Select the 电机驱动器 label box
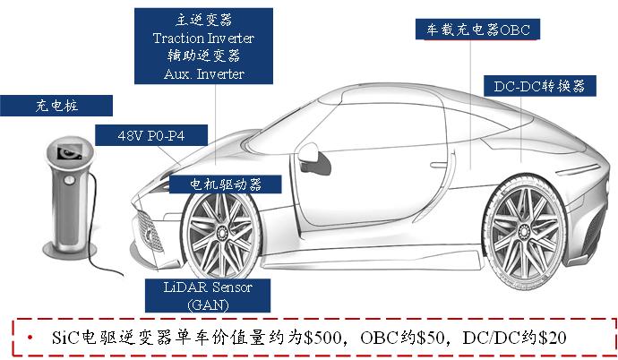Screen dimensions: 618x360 (x=224, y=184)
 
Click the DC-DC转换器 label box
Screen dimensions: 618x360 (x=539, y=86)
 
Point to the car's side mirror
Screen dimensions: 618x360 (x=311, y=154)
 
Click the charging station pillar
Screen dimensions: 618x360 (x=69, y=197)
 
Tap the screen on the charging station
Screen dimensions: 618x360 (x=65, y=152)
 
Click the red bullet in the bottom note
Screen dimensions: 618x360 (x=30, y=338)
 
